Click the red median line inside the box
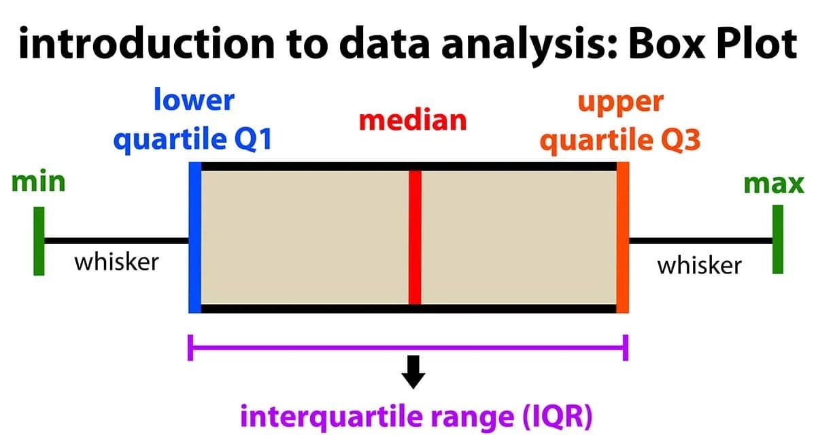[415, 237]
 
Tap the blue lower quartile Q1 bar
[194, 237]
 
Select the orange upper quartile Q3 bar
[622, 237]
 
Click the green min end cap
[39, 241]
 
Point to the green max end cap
[777, 239]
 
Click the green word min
[38, 182]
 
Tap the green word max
[774, 184]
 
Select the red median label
[413, 120]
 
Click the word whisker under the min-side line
[116, 261]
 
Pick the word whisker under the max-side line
[699, 264]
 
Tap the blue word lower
[194, 101]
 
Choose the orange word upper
[620, 102]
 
